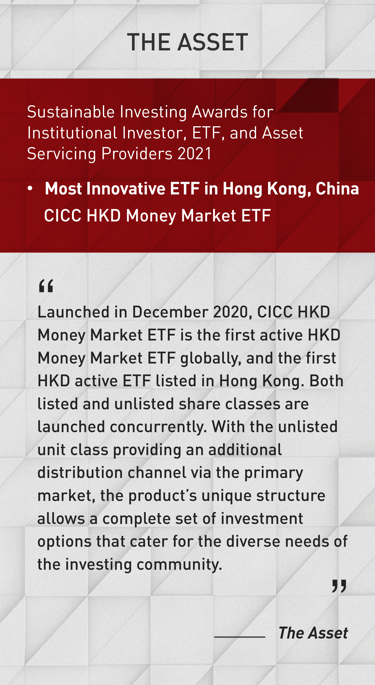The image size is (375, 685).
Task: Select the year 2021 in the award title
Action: pyautogui.click(x=194, y=154)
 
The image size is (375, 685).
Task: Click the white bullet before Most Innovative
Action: pyautogui.click(x=30, y=188)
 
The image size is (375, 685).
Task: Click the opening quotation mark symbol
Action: pyautogui.click(x=46, y=286)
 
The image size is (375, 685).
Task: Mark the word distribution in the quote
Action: pyautogui.click(x=80, y=473)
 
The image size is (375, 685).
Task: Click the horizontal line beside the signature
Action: pyautogui.click(x=240, y=637)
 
